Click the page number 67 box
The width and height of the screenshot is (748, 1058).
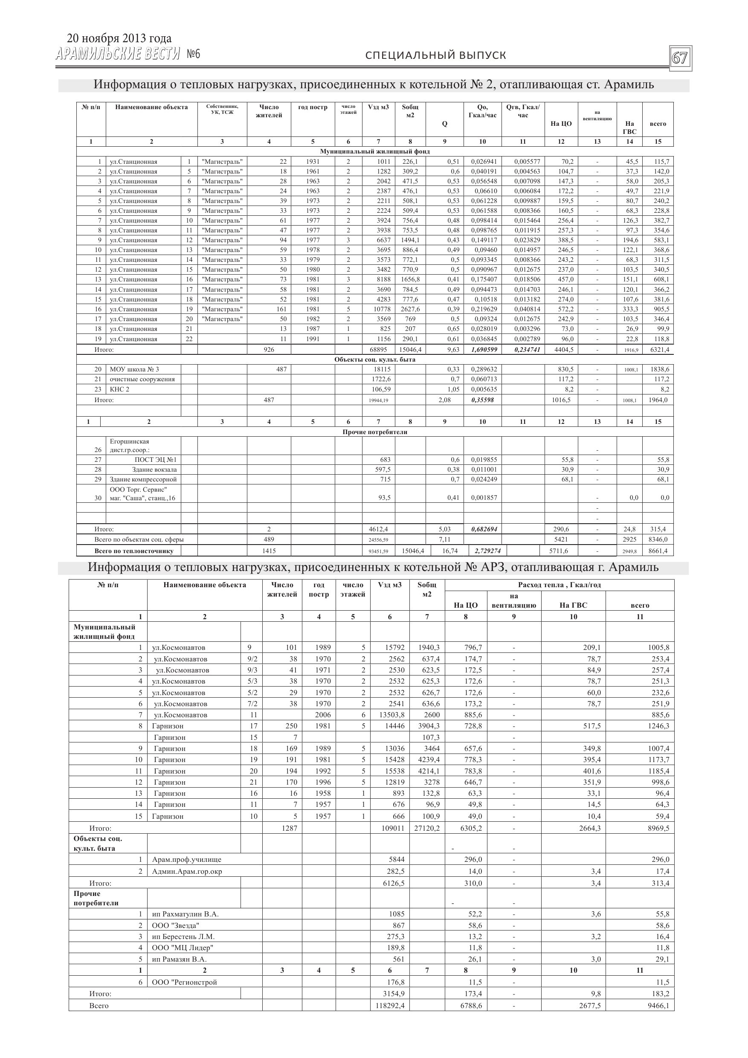point(680,58)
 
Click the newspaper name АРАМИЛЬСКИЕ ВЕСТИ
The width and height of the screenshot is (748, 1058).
point(118,55)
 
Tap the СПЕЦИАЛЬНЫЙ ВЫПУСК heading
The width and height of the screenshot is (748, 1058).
point(435,56)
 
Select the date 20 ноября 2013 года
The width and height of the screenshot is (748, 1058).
point(119,38)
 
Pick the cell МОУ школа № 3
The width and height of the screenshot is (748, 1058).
point(135,369)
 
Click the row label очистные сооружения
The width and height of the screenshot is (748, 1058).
point(142,379)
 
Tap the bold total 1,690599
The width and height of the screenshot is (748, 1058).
point(484,350)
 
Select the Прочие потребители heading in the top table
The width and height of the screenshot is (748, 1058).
point(375,432)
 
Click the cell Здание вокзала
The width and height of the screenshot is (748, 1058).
point(154,470)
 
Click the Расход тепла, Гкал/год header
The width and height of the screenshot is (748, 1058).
point(559,585)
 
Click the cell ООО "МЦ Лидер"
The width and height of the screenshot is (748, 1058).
point(183,948)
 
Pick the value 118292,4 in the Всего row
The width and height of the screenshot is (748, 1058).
point(389,1005)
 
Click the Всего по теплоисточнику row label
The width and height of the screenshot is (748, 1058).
point(133,551)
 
